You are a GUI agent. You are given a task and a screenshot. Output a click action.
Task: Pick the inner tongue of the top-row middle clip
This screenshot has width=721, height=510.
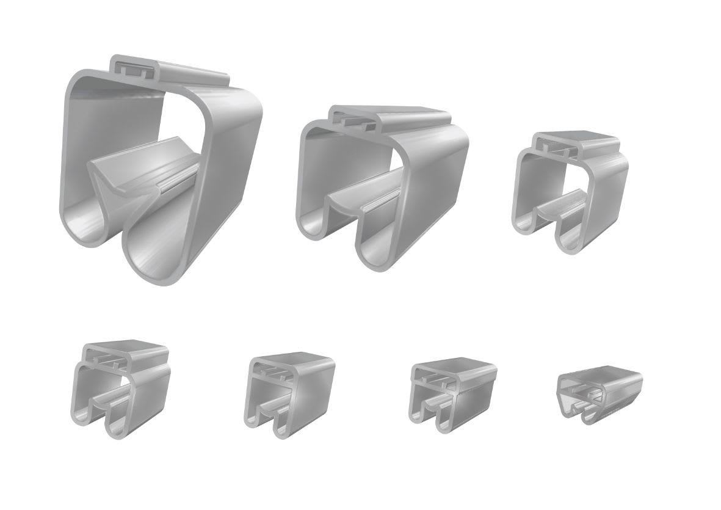(360, 199)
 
